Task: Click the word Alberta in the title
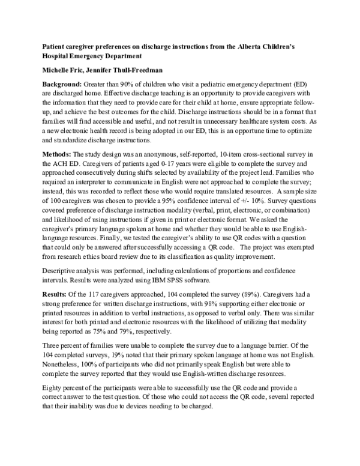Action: [x=274, y=46]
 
